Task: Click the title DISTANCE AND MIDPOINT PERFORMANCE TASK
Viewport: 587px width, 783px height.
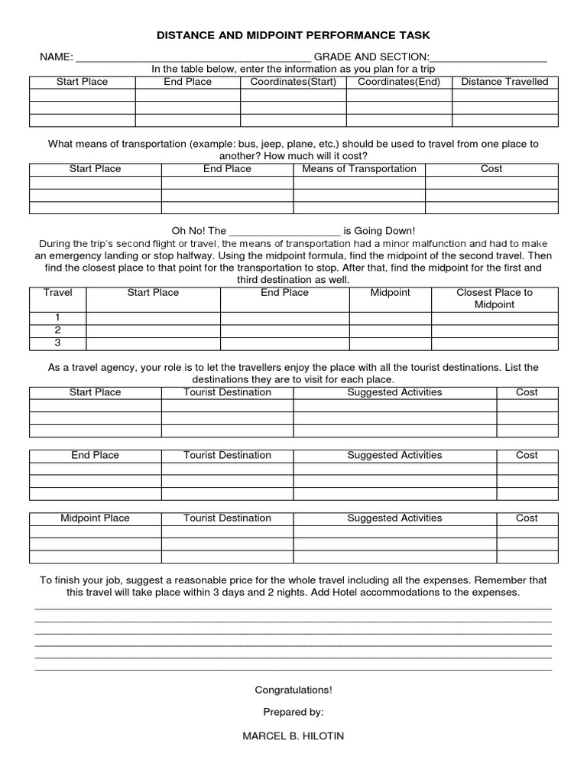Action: click(x=293, y=35)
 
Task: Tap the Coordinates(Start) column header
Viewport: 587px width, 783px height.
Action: click(x=293, y=82)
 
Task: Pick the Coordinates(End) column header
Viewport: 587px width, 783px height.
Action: click(x=399, y=82)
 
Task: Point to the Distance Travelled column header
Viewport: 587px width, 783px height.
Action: click(x=504, y=82)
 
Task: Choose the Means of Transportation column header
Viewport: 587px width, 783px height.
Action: click(x=359, y=169)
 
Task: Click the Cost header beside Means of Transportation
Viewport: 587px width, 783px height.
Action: click(x=491, y=169)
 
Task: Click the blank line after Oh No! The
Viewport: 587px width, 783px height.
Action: click(x=284, y=232)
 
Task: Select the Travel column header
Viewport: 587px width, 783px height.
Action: click(x=58, y=293)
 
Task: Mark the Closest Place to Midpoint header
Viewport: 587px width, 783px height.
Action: click(x=495, y=299)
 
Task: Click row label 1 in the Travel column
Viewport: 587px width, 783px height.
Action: click(x=57, y=317)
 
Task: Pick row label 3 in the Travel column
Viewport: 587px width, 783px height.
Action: click(x=57, y=343)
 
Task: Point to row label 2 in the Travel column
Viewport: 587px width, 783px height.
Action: click(x=57, y=330)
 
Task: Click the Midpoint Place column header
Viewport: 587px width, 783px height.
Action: click(x=96, y=518)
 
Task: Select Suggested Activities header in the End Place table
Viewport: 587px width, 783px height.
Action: click(x=394, y=456)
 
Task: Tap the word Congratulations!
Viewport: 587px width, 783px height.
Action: click(x=293, y=690)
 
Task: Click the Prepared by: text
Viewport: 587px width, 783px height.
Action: click(x=293, y=713)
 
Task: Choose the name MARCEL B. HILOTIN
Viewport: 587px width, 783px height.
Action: click(x=293, y=736)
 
